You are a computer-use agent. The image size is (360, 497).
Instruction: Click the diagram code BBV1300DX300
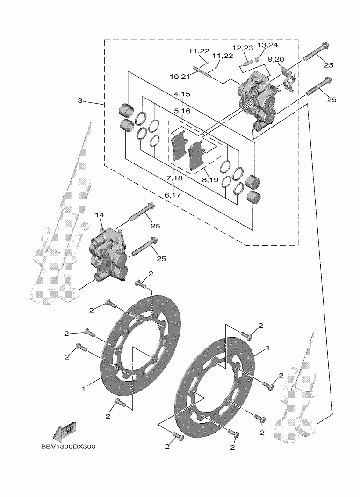click(68, 447)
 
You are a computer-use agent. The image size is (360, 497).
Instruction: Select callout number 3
click(80, 101)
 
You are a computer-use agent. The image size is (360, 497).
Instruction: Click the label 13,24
click(267, 45)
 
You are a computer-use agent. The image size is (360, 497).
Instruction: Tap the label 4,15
click(182, 94)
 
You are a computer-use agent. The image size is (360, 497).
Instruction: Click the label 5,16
click(182, 111)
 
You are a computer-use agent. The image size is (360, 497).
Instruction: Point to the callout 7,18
click(174, 178)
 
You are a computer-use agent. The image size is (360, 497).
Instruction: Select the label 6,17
click(173, 194)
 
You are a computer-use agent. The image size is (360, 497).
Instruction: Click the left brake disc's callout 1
click(84, 388)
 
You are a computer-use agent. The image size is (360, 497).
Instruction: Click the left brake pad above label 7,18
click(178, 146)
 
